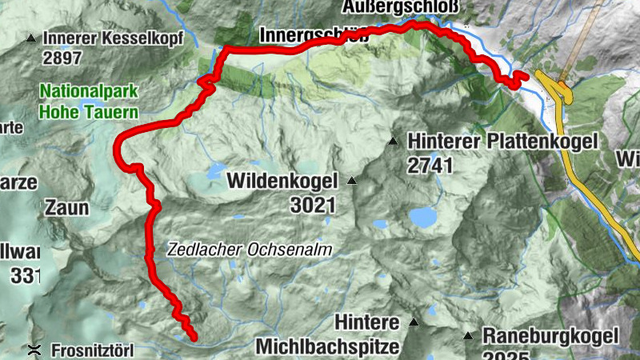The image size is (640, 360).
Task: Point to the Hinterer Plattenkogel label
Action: point(502,142)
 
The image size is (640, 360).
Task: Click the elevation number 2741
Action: point(430,166)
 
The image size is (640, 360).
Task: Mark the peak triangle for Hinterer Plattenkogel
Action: point(393,142)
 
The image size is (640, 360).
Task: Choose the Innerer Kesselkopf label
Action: point(114,38)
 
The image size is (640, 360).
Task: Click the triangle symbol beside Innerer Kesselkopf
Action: point(31,38)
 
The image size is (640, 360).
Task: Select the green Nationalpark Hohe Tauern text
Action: point(88,102)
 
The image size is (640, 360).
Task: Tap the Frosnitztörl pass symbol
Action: point(34,350)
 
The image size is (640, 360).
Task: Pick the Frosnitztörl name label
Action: point(92,350)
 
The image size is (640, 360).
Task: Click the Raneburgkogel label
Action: point(550,336)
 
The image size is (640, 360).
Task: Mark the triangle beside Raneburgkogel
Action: point(467,336)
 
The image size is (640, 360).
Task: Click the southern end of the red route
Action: point(193,338)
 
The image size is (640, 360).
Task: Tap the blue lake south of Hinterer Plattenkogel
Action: point(422,217)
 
